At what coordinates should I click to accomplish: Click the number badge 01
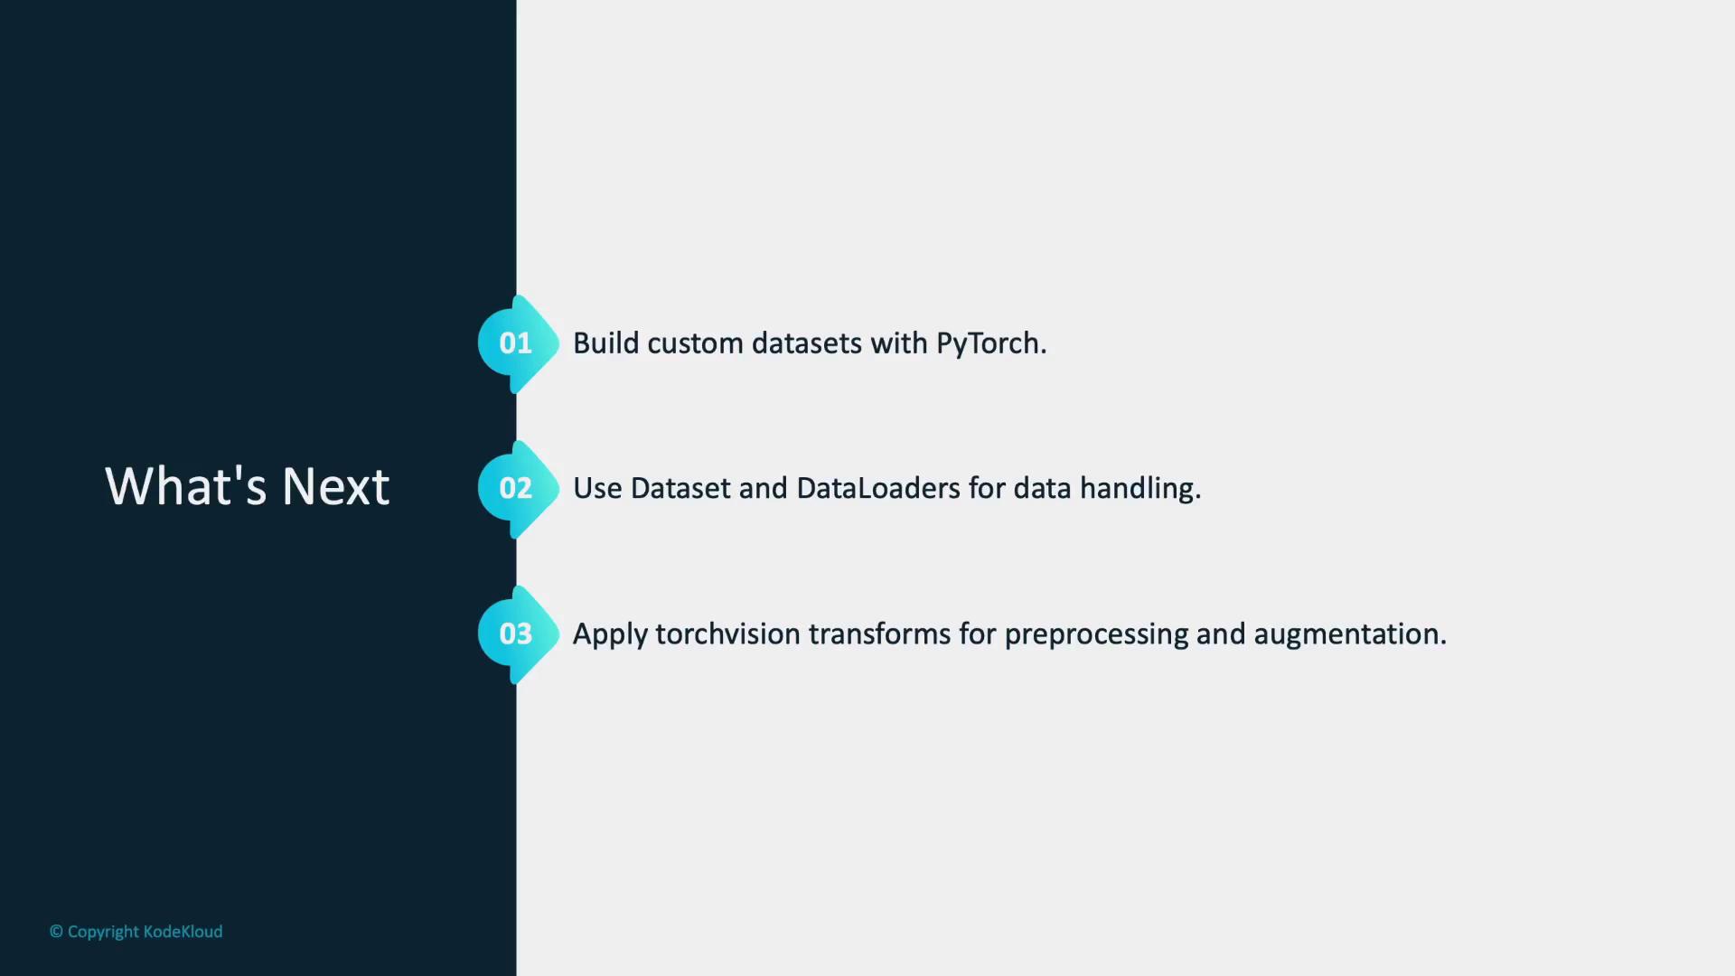pyautogui.click(x=518, y=343)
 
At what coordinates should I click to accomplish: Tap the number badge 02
pyautogui.click(x=518, y=489)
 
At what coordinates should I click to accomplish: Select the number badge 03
pyautogui.click(x=518, y=634)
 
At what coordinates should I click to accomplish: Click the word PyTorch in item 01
pyautogui.click(x=991, y=344)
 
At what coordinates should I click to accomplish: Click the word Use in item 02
pyautogui.click(x=598, y=489)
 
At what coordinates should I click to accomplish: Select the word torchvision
pyautogui.click(x=728, y=634)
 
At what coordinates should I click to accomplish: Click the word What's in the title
pyautogui.click(x=185, y=486)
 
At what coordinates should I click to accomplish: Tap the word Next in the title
pyautogui.click(x=336, y=486)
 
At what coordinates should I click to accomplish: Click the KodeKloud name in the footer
pyautogui.click(x=183, y=932)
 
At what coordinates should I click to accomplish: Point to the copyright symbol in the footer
pyautogui.click(x=56, y=932)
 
